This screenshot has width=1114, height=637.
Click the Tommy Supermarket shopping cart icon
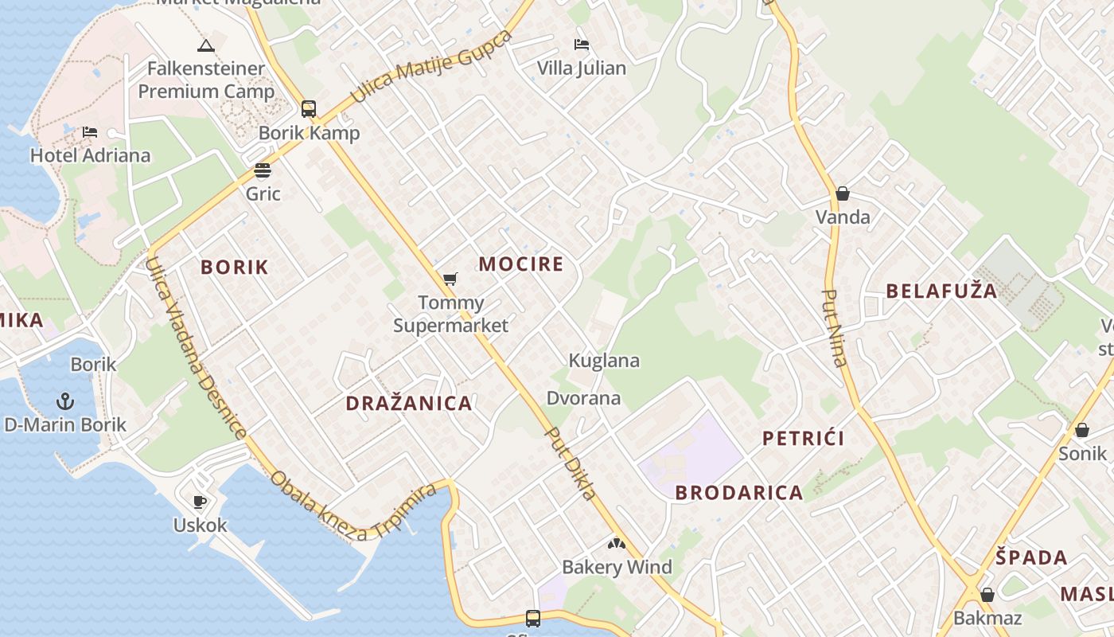coord(450,279)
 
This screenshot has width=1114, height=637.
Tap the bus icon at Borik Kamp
coord(309,109)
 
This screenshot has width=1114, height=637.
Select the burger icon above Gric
coord(263,170)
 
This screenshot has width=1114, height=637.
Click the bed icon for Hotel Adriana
coord(90,131)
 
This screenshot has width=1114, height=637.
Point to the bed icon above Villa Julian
coord(582,45)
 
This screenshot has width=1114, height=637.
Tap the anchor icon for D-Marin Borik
coord(65,401)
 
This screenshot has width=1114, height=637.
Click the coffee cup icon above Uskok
coord(200,502)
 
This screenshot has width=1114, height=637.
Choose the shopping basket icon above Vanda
coord(843,193)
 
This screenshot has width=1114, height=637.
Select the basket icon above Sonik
coord(1082,430)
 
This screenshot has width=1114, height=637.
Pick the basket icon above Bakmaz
coord(987,595)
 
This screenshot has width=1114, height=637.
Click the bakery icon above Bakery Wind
coord(617,544)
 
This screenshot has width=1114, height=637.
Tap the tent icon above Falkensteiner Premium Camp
coord(206,45)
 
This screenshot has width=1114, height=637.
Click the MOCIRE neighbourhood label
coord(520,264)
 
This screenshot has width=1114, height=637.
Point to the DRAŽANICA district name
coord(409,404)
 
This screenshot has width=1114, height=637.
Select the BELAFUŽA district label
coord(941,291)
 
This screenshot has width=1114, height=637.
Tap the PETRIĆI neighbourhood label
coord(804,438)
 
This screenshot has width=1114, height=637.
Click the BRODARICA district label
coord(739,493)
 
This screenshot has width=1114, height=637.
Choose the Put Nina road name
coord(834,327)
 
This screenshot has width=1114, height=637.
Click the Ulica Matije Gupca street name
coord(430,67)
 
